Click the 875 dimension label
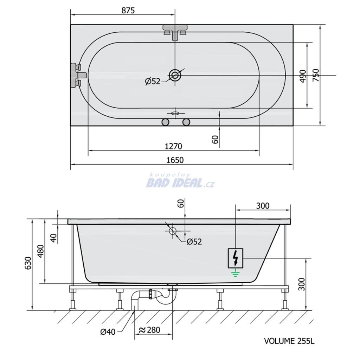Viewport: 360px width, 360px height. click(128, 10)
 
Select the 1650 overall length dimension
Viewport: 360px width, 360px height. click(175, 160)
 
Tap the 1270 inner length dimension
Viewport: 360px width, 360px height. click(173, 146)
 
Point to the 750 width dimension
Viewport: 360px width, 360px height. click(316, 75)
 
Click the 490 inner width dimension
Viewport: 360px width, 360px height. click(303, 76)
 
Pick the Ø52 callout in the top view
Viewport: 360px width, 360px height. click(153, 81)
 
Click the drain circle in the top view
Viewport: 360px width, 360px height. click(175, 75)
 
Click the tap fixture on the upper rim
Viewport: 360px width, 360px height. click(175, 32)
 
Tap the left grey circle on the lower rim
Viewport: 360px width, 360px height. click(165, 122)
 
